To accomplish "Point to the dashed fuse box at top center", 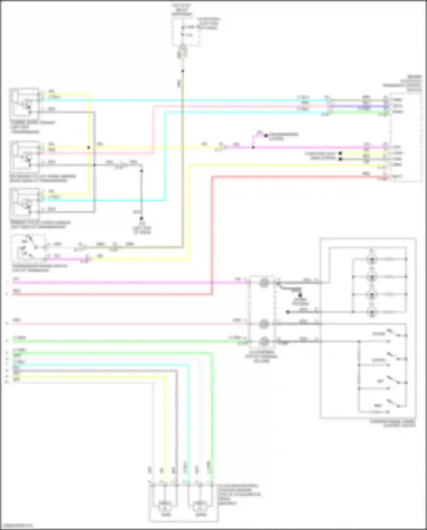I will (186, 31).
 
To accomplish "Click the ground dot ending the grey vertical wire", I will (141, 218).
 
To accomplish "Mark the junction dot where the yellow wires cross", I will (89, 148).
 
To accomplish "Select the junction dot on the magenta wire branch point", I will (253, 148).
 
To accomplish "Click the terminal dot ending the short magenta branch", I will (266, 136).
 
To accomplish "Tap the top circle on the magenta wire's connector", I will (264, 283).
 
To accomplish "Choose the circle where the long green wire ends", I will (264, 341).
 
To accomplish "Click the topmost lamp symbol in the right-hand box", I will (372, 259).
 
